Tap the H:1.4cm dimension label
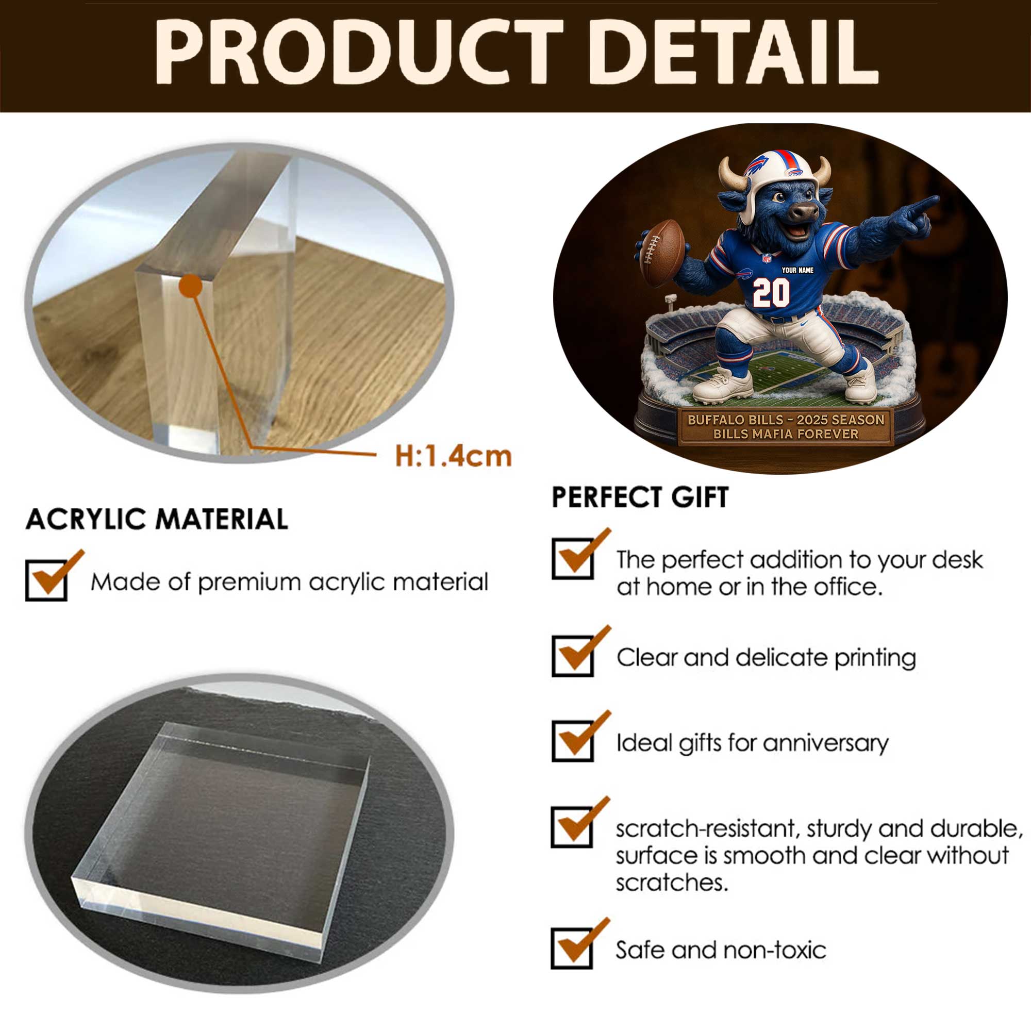pos(453,456)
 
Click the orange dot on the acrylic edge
pos(191,286)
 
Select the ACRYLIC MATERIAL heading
pos(157,519)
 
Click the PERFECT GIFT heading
pos(640,497)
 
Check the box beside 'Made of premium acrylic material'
pos(46,580)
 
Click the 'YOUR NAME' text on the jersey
pos(797,270)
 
